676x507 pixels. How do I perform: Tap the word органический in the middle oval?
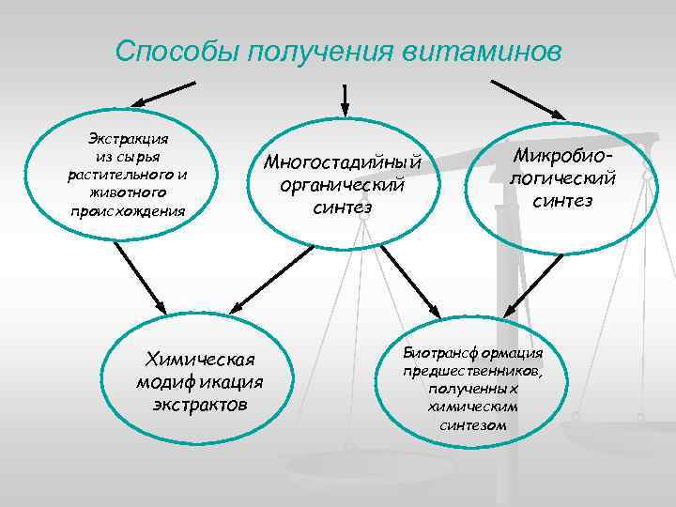pos(346,184)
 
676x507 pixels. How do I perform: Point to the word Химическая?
pos(202,360)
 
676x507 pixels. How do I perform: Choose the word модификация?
pos(199,382)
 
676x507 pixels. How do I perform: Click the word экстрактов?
pos(200,405)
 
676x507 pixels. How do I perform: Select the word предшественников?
pos(472,371)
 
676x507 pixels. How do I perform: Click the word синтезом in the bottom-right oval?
pos(472,424)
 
